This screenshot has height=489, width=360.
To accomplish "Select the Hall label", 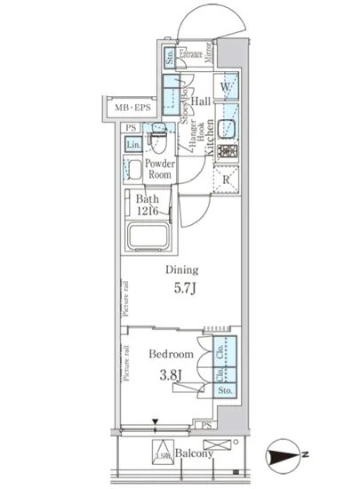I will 200,101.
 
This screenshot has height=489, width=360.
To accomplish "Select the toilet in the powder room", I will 160,140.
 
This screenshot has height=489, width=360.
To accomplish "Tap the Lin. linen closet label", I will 132,145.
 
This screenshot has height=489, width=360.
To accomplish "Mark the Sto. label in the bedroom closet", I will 224,389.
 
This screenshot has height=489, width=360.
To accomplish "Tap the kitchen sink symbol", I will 228,121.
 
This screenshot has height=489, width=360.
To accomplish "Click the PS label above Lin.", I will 131,128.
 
